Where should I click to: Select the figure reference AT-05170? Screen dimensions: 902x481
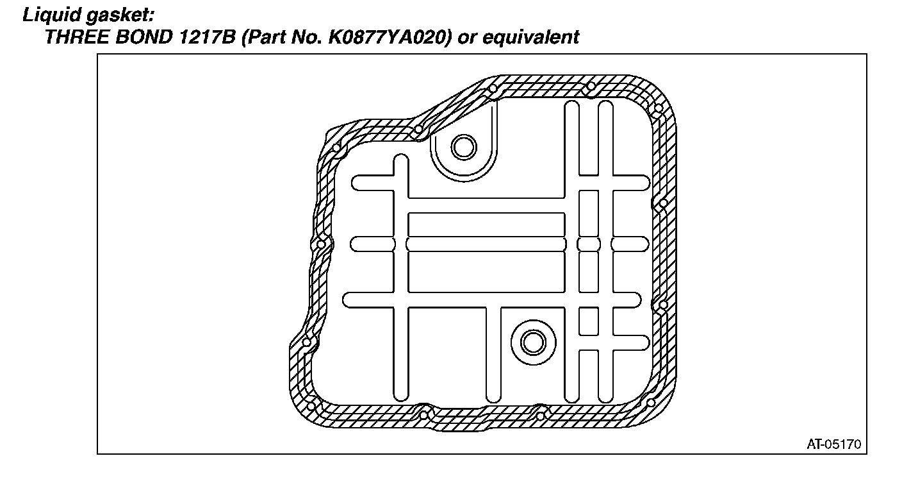834,444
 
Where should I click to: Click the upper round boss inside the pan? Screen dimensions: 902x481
463,148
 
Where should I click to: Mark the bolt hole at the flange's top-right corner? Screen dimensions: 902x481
657,108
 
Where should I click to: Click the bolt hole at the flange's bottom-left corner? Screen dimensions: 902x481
312,405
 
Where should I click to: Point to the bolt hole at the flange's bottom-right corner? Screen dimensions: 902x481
650,403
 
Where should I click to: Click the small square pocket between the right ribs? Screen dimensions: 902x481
588,321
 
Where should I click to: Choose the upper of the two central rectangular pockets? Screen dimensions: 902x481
486,224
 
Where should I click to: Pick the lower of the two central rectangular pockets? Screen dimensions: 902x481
486,272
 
